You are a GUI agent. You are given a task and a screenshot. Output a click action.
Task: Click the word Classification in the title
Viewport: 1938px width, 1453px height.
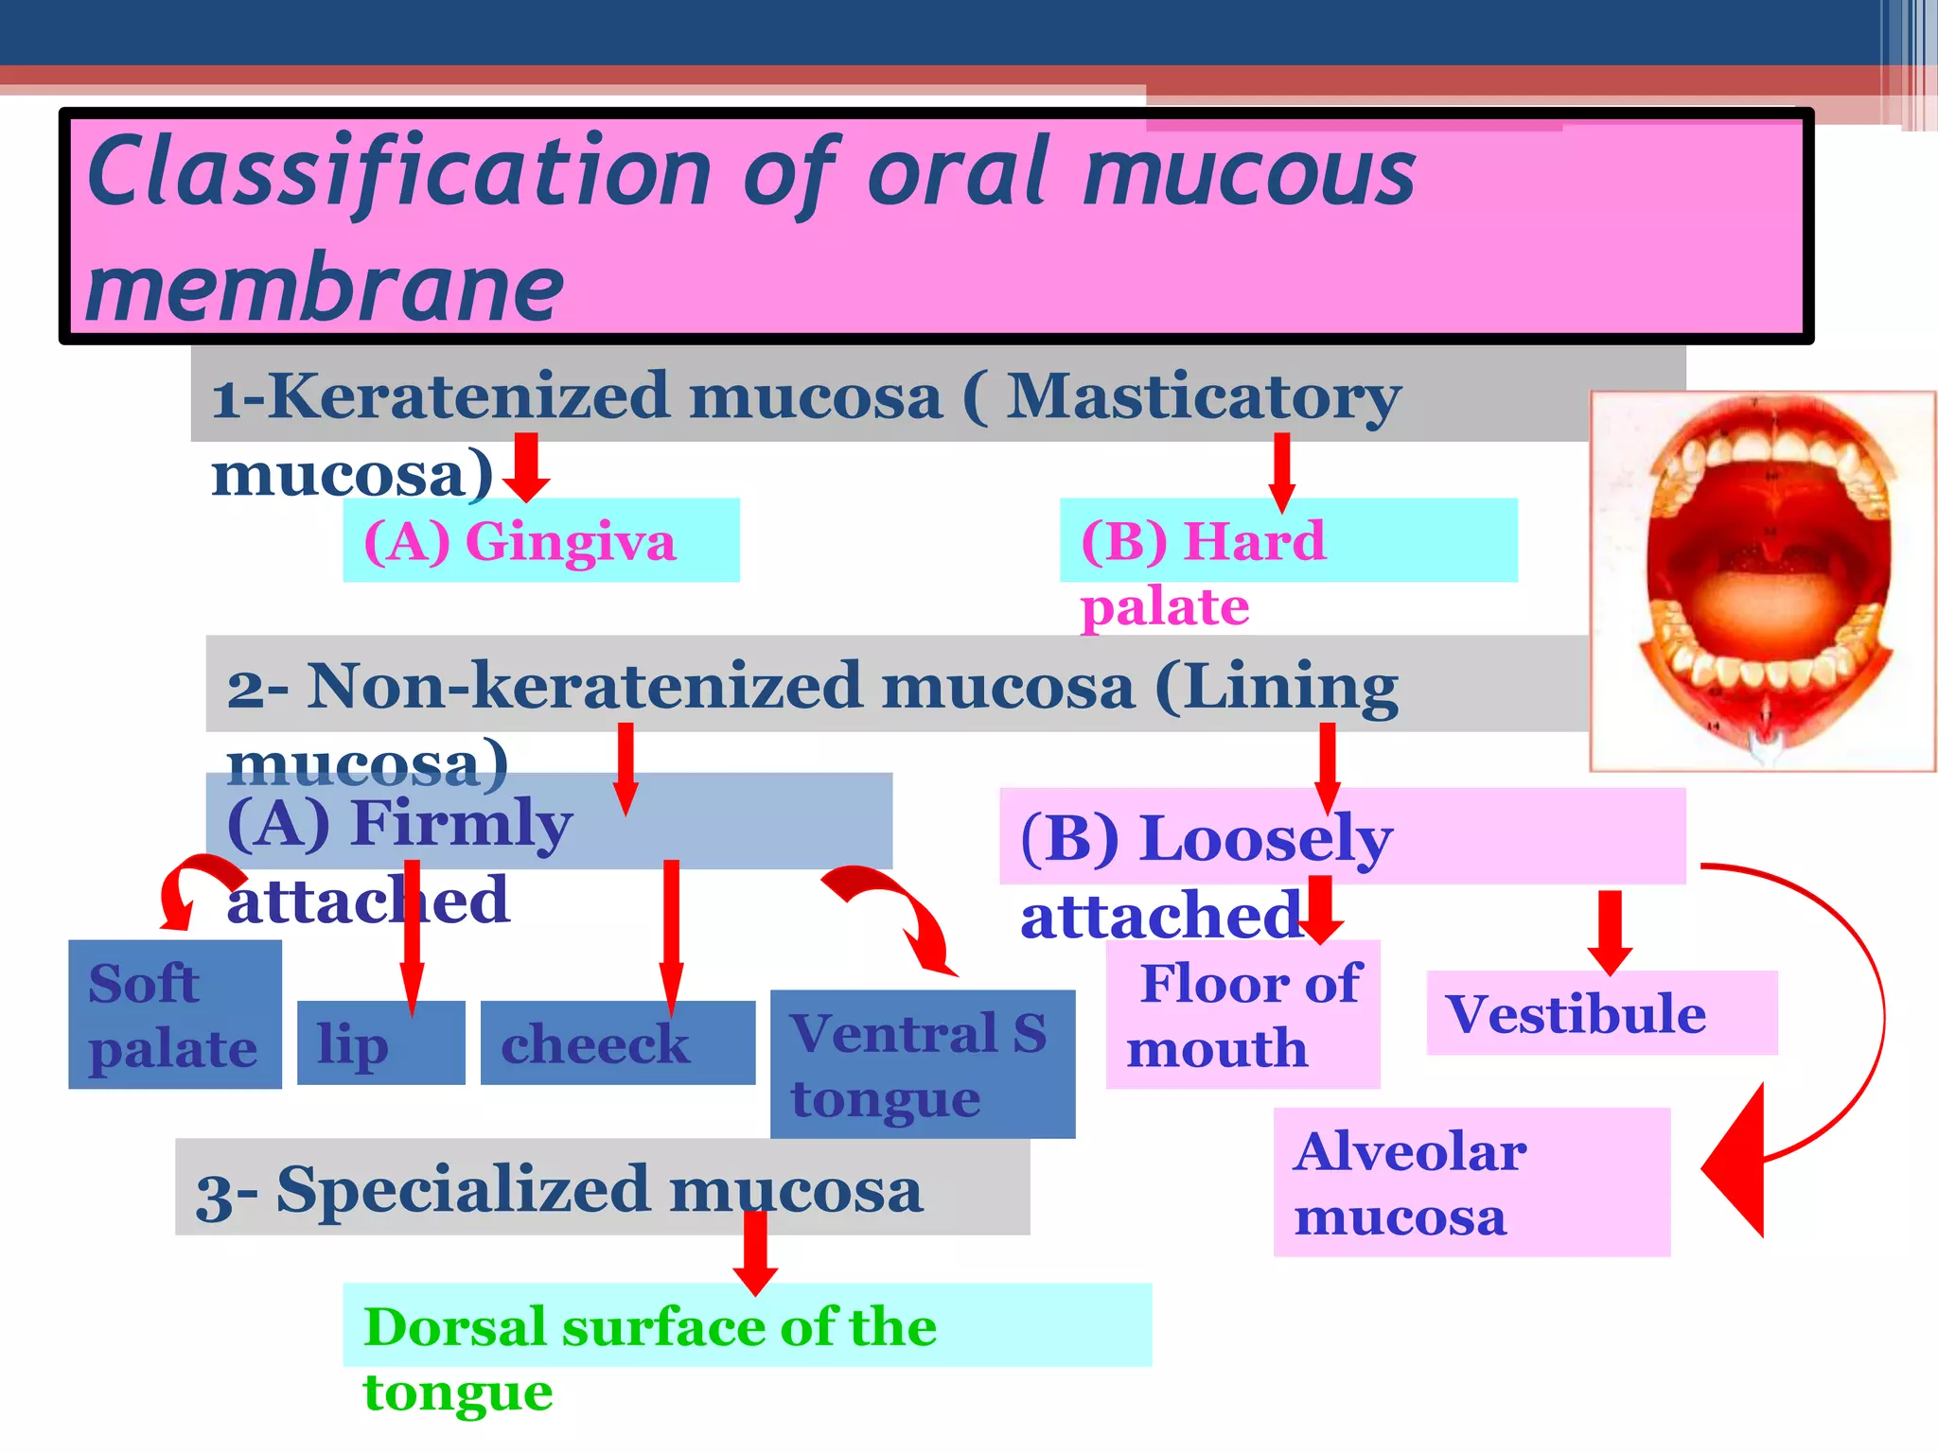coord(397,172)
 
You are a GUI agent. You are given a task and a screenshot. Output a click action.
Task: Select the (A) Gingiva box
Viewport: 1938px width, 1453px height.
coord(540,541)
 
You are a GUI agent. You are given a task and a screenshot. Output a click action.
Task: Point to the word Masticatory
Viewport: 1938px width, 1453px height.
coord(1202,397)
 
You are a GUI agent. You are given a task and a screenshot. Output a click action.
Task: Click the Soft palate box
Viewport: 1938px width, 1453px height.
coord(174,1015)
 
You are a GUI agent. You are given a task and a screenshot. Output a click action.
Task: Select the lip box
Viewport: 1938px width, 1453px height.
coord(379,1043)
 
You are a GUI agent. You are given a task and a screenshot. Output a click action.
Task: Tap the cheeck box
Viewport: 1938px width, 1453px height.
coord(617,1043)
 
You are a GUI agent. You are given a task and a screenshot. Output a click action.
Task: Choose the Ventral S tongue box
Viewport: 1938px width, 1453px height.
coord(922,1064)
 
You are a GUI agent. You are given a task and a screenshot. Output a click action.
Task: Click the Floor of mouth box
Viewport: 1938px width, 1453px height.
coord(1242,1015)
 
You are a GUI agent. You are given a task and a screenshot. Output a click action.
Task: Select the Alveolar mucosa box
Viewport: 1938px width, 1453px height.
coord(1471,1182)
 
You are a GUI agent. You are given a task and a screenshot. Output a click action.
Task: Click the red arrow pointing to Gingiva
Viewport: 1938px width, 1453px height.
coord(526,468)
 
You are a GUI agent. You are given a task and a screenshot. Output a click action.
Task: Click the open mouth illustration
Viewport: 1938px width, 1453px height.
coord(1763,581)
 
